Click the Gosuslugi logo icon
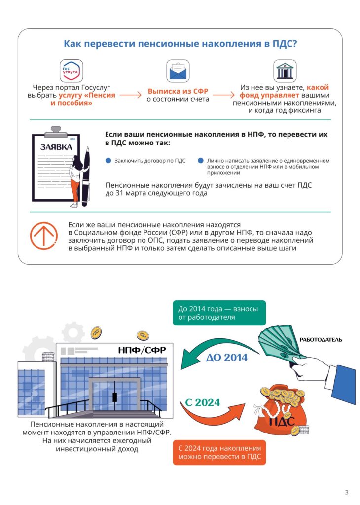(71, 71)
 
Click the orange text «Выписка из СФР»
(178, 91)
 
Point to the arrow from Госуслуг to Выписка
(130, 95)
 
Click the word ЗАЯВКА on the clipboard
(56, 147)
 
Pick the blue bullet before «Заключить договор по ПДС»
(108, 161)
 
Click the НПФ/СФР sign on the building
(142, 350)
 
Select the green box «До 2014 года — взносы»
(219, 313)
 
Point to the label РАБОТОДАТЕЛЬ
(321, 340)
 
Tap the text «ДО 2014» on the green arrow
(227, 358)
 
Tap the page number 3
(346, 492)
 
